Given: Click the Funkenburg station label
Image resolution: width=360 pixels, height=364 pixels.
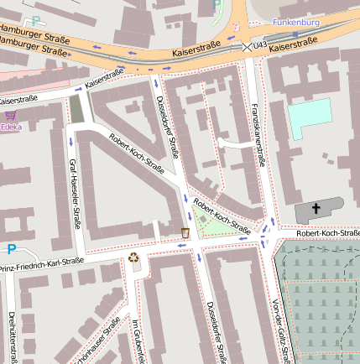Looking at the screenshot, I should pos(297,23).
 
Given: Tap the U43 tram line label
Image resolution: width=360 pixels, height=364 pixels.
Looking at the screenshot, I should pos(260,45).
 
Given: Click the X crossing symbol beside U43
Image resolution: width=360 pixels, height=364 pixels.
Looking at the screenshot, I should pos(247,47).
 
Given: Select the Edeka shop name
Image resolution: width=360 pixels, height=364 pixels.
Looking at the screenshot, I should pos(12,127).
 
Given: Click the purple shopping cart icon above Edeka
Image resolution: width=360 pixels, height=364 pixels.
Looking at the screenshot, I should pos(10,116).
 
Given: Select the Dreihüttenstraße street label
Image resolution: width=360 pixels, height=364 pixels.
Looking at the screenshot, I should pos(12,335).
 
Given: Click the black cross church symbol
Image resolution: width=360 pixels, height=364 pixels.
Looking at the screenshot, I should pos(317,207).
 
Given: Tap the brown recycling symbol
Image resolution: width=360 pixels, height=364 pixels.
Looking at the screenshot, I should pos(133,257).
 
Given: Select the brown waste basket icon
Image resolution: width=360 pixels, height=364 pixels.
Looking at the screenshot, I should pos(185,232).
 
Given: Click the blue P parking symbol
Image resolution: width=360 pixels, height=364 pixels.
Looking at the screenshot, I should pos(12,249).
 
